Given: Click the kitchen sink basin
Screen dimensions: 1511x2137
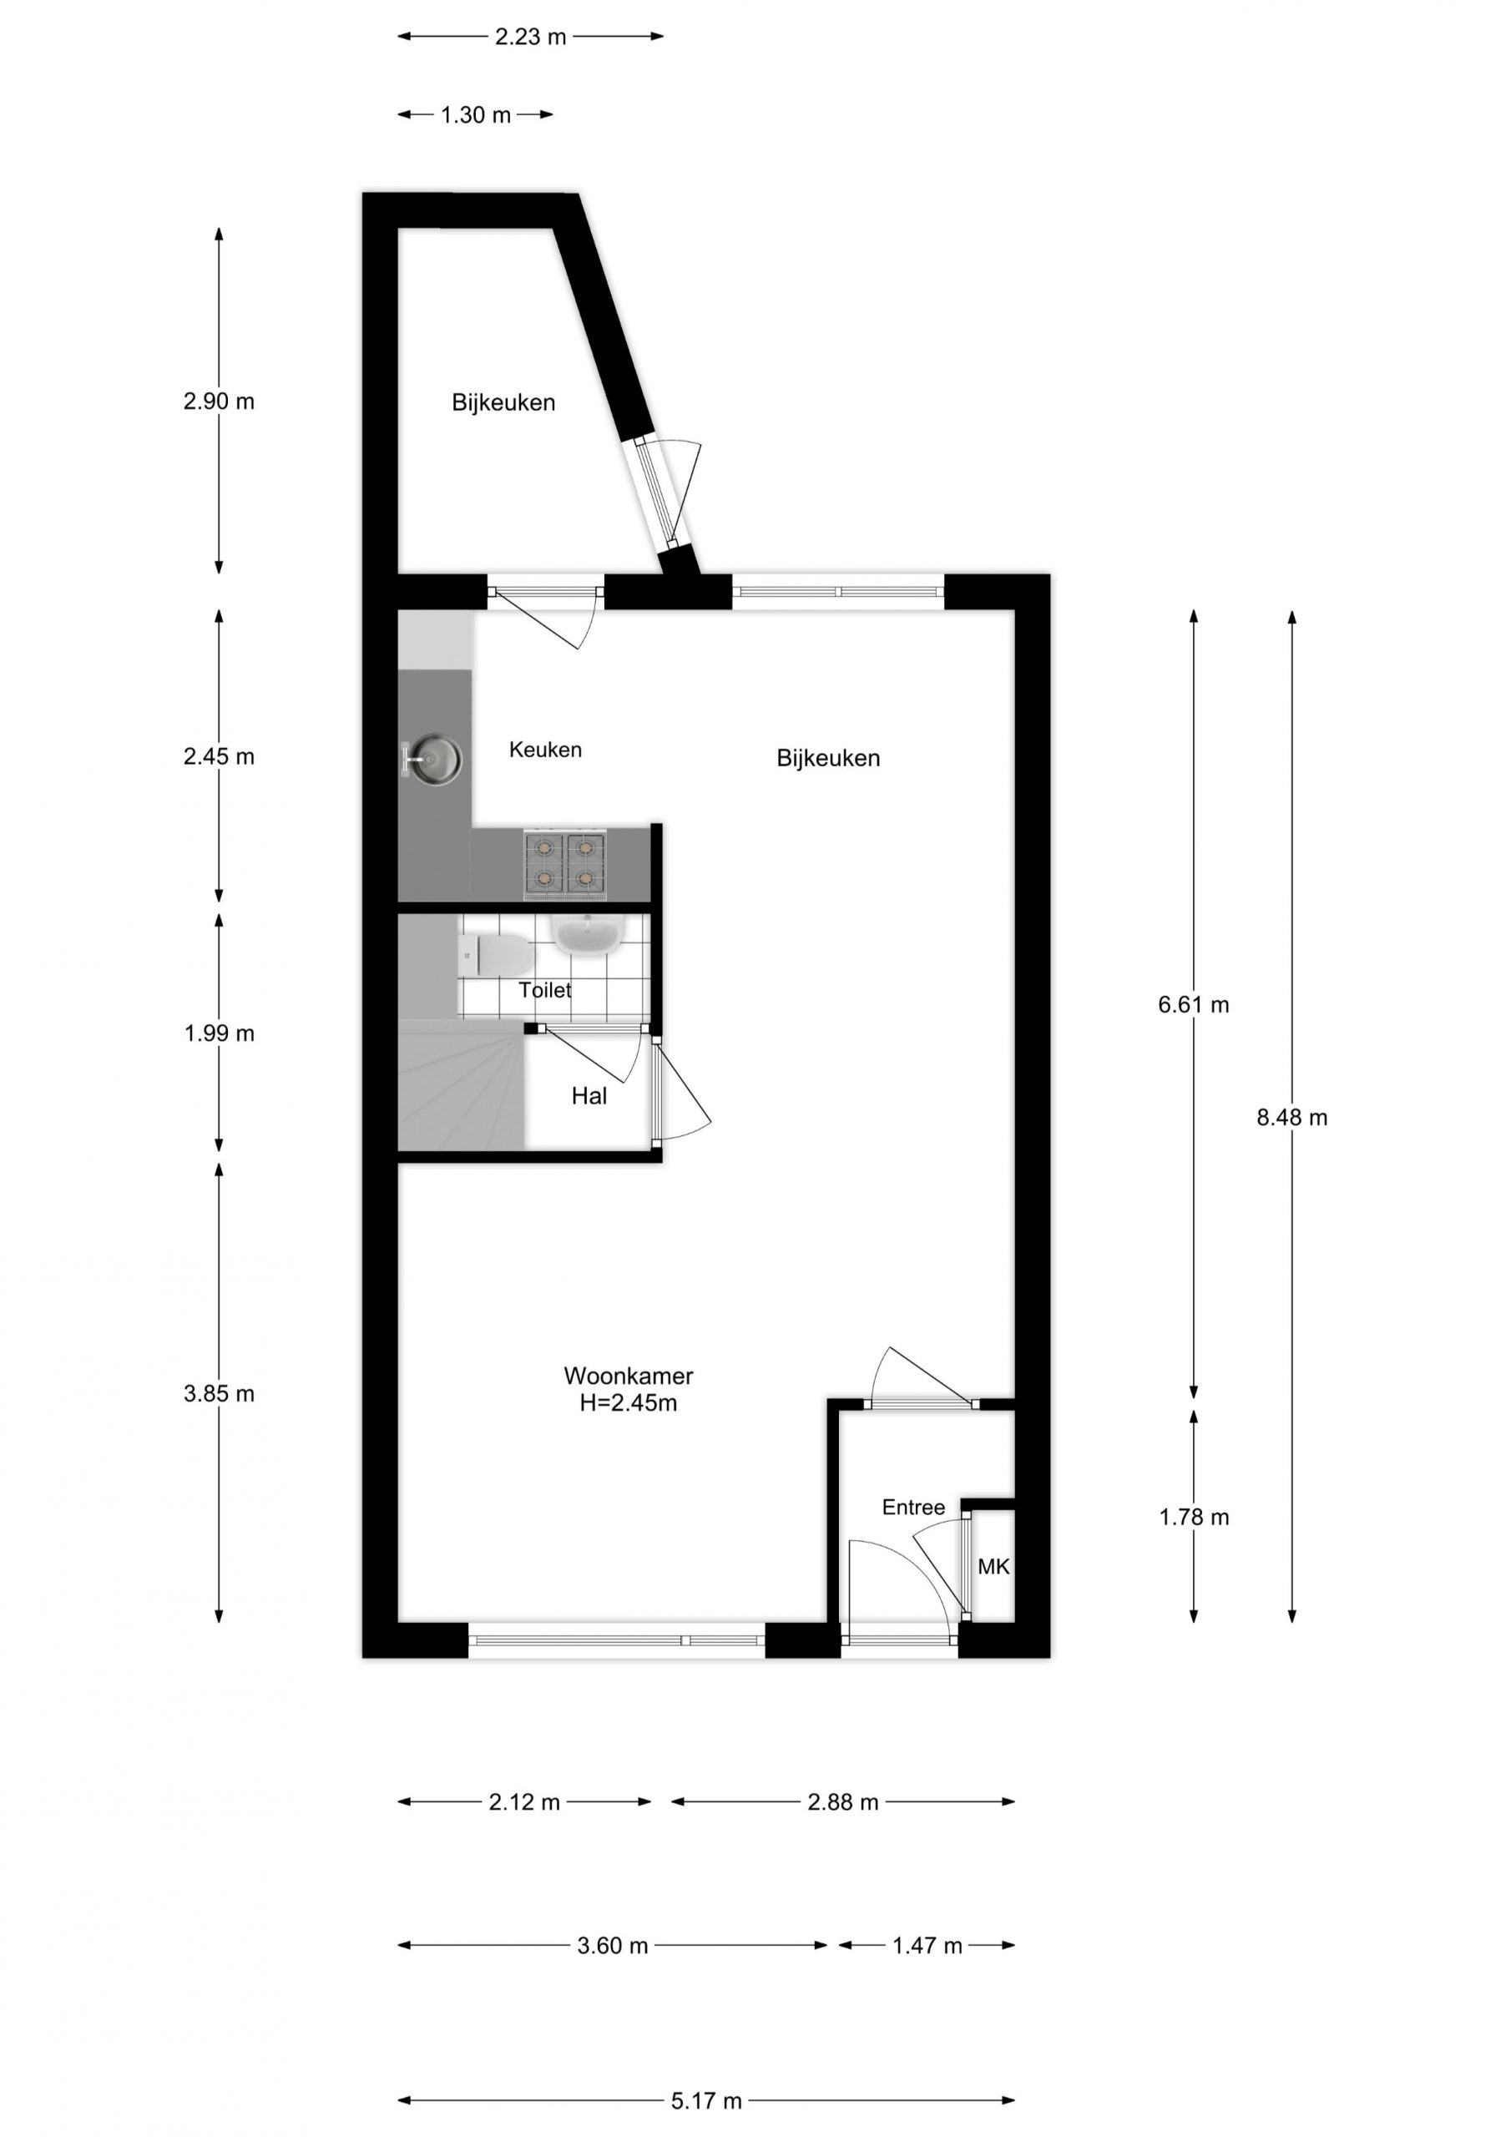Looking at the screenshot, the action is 437,758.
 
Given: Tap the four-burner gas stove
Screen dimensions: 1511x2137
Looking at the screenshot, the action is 564,865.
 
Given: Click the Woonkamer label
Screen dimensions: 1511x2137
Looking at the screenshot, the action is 629,1375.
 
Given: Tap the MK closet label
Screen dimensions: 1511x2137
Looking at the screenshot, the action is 993,1567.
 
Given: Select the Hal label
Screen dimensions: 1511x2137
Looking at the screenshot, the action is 589,1095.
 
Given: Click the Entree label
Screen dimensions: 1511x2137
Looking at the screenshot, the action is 913,1507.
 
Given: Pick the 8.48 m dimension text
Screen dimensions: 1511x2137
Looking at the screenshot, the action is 1291,1117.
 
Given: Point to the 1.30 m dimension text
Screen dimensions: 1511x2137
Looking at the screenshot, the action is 475,114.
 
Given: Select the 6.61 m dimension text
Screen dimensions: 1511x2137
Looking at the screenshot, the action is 1194,1004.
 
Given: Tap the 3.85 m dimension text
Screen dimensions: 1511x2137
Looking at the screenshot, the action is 219,1393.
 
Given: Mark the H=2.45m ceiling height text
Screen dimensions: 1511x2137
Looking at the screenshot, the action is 629,1402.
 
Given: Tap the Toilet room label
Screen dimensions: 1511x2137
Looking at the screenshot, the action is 544,989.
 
